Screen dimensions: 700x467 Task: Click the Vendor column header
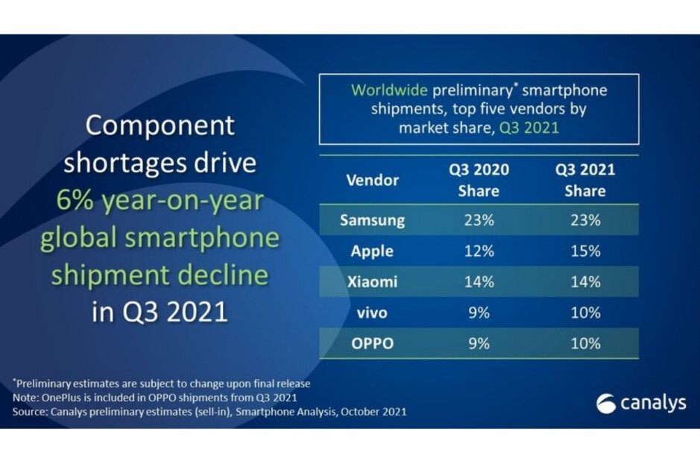point(372,180)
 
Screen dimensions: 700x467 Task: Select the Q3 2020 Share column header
point(479,180)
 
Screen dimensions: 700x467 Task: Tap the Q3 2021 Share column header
point(585,180)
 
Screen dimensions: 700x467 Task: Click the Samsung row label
point(372,220)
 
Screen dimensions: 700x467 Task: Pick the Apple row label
point(372,251)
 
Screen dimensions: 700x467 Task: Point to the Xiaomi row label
point(372,281)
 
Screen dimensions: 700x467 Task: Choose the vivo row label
point(372,313)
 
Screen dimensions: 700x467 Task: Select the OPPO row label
point(372,344)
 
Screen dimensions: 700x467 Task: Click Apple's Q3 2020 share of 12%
point(479,251)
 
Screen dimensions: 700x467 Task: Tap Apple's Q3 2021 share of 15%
point(585,251)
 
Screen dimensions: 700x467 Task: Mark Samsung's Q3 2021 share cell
point(585,220)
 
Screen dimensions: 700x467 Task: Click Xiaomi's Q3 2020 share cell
point(479,281)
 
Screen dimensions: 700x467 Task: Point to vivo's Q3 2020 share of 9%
point(479,313)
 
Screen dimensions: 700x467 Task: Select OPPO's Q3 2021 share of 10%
point(585,344)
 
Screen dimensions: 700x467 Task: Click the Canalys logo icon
point(606,404)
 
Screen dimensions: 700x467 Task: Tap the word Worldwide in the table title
point(389,90)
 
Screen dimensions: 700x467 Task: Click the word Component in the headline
point(160,125)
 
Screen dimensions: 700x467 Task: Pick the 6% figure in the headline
point(75,201)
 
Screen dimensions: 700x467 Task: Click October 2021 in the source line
point(373,411)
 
